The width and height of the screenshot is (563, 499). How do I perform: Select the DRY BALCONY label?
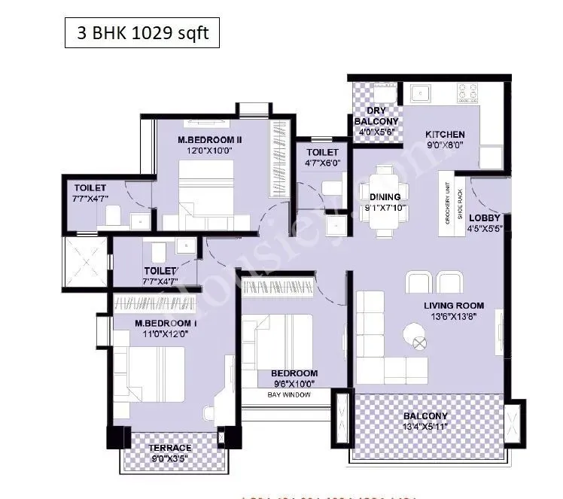tap(376, 116)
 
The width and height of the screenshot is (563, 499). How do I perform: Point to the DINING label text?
tap(385, 197)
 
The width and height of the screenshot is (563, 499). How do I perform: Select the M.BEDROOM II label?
tap(208, 139)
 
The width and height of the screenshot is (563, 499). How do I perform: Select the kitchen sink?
tap(419, 94)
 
